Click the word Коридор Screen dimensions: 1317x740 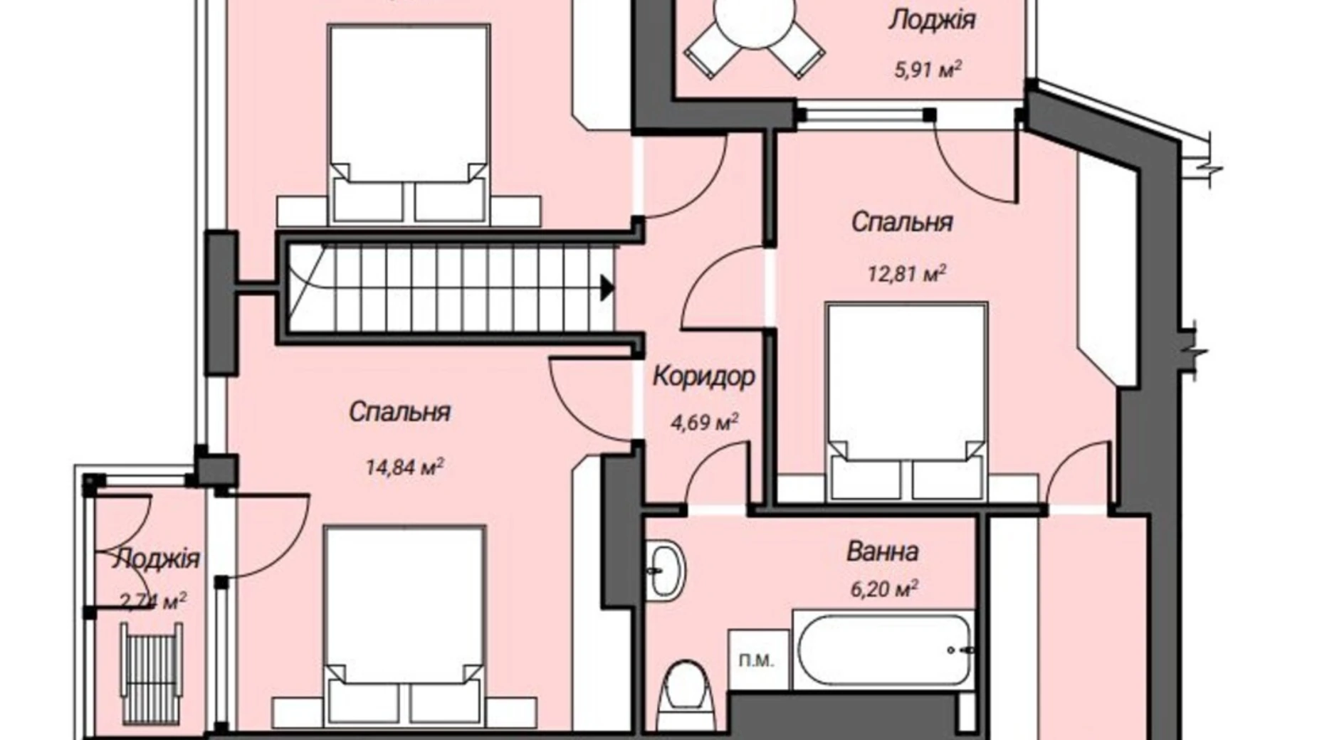click(x=703, y=376)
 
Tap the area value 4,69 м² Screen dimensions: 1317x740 click(x=704, y=422)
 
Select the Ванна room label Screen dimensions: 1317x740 click(x=882, y=551)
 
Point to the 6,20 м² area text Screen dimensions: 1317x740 click(x=883, y=588)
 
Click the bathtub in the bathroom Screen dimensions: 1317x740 click(x=883, y=650)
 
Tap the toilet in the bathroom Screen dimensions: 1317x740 click(x=684, y=694)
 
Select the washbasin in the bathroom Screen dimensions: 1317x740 click(x=665, y=570)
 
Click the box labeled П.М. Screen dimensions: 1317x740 click(x=757, y=660)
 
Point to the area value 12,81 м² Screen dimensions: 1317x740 click(x=906, y=273)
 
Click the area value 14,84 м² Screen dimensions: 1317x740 click(x=405, y=467)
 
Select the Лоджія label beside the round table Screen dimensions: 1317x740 click(x=931, y=20)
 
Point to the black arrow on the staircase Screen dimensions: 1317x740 click(x=607, y=288)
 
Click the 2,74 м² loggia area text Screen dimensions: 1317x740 click(x=153, y=602)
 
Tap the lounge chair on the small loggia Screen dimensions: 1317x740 click(x=151, y=672)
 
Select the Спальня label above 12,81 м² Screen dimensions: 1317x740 click(x=902, y=222)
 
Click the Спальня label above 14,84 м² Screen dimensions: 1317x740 click(x=399, y=412)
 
